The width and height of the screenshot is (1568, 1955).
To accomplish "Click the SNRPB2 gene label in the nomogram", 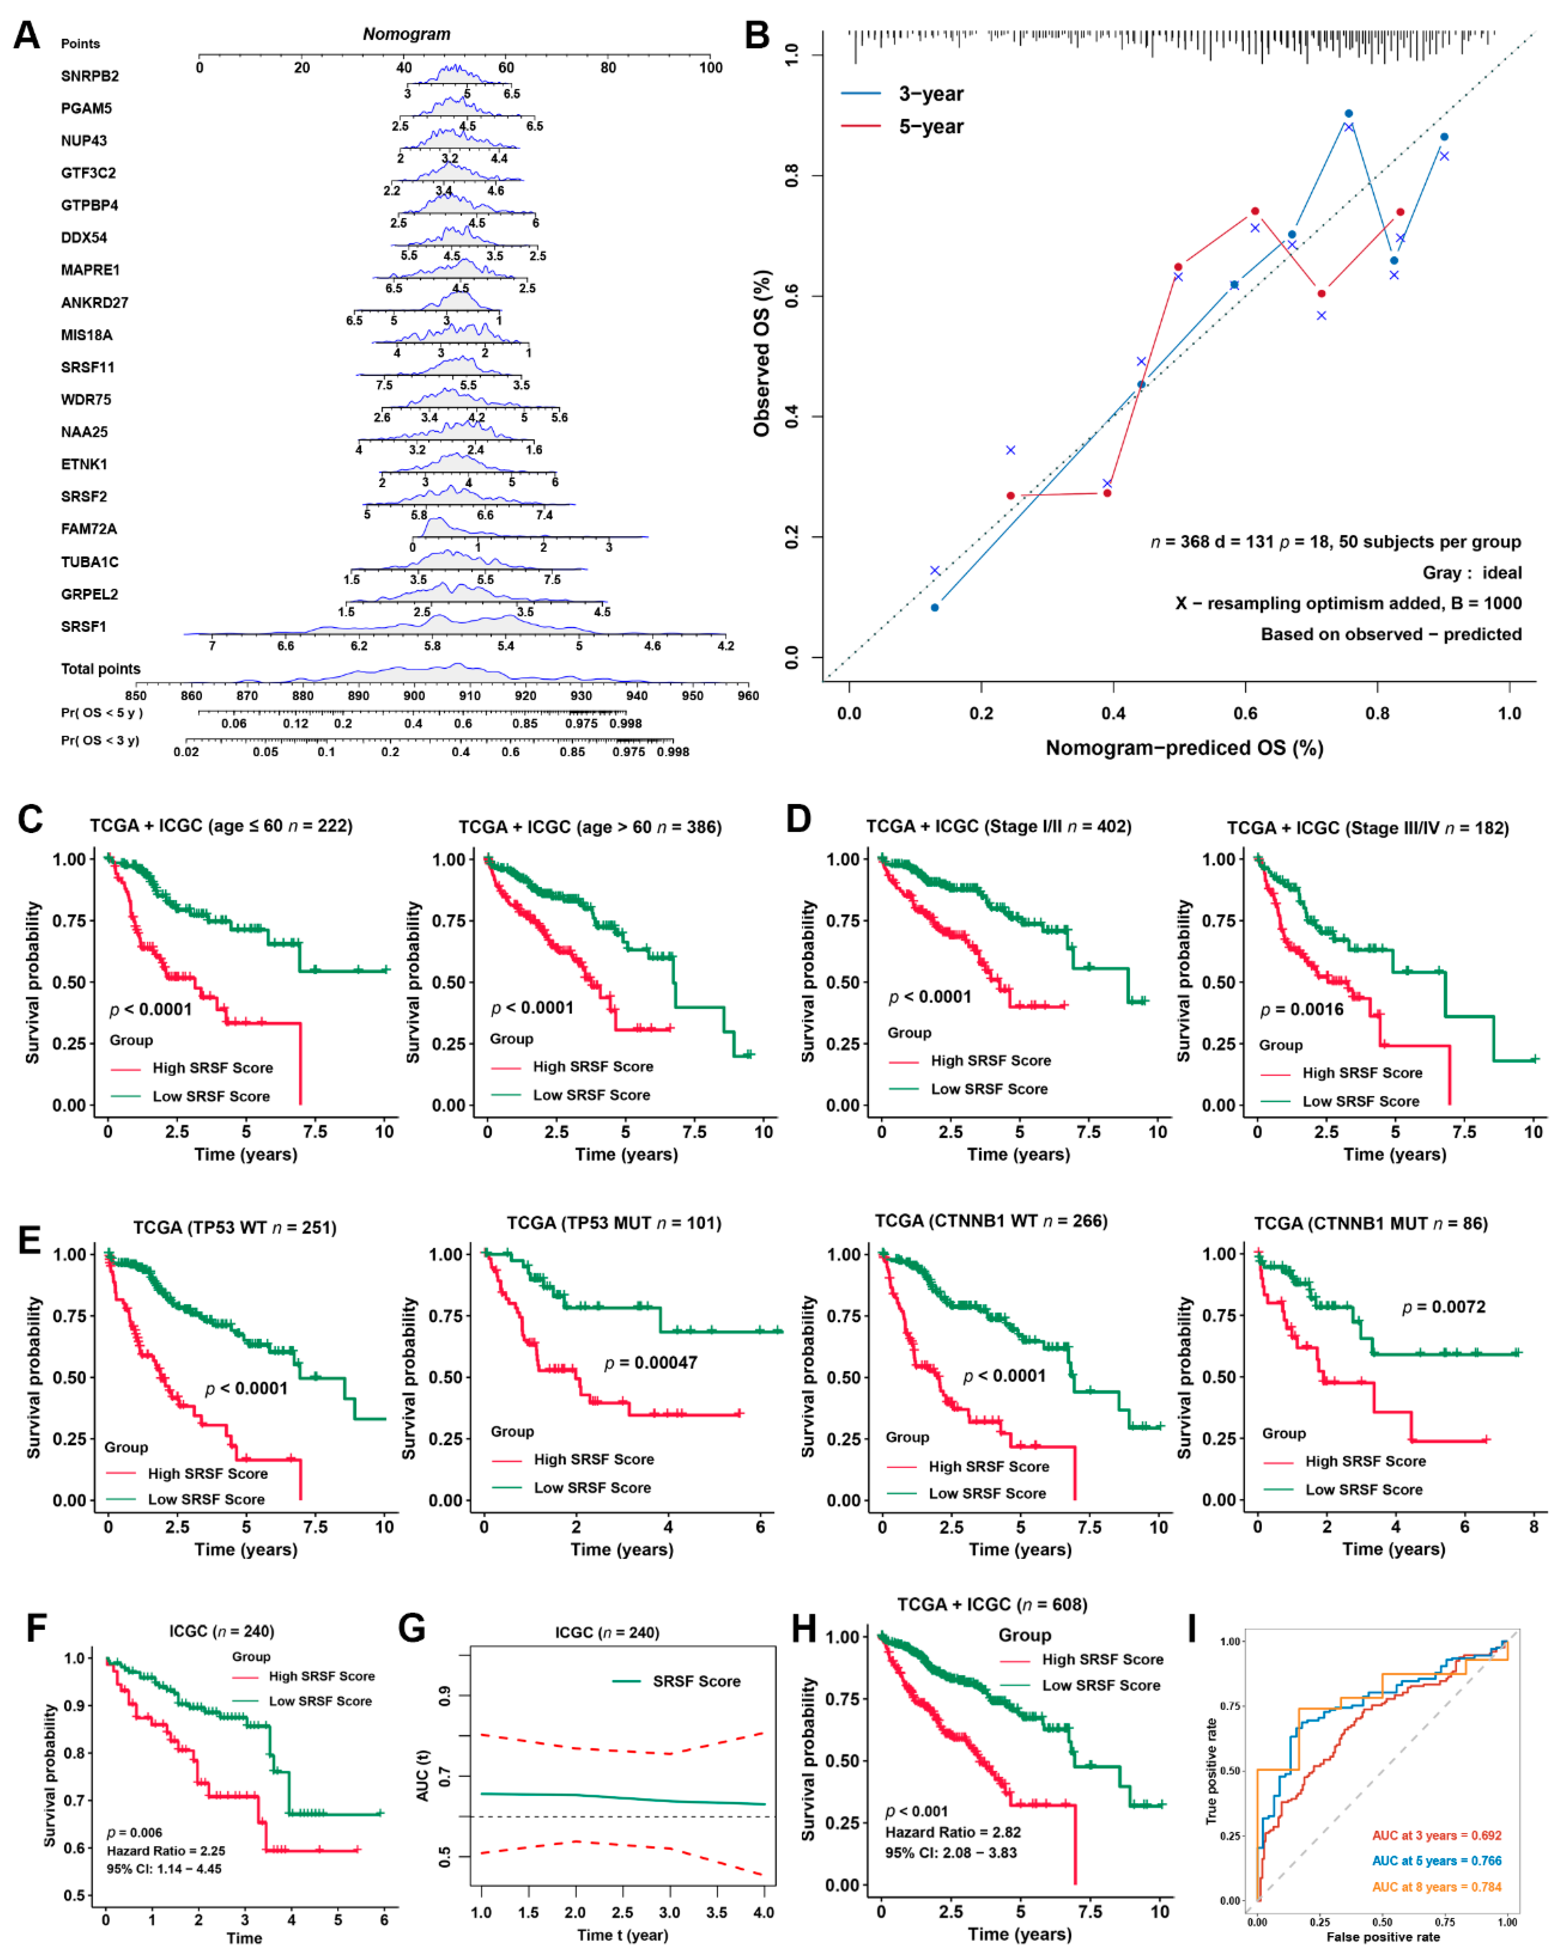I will [90, 76].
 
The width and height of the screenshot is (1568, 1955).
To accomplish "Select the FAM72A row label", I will [89, 529].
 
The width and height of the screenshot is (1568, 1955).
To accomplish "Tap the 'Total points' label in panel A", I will [101, 669].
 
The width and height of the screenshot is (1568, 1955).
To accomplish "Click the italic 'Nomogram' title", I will [406, 34].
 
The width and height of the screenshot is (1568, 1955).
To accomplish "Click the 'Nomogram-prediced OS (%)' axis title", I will [1185, 748].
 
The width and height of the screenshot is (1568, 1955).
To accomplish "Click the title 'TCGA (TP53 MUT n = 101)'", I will [614, 1223].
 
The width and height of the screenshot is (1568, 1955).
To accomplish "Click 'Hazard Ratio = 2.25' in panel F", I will [166, 1851].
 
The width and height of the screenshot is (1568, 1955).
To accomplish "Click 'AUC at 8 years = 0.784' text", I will [1437, 1887].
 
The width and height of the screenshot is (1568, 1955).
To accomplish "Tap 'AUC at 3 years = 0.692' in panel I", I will [1437, 1835].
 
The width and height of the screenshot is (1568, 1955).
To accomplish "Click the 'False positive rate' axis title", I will [1383, 1937].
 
